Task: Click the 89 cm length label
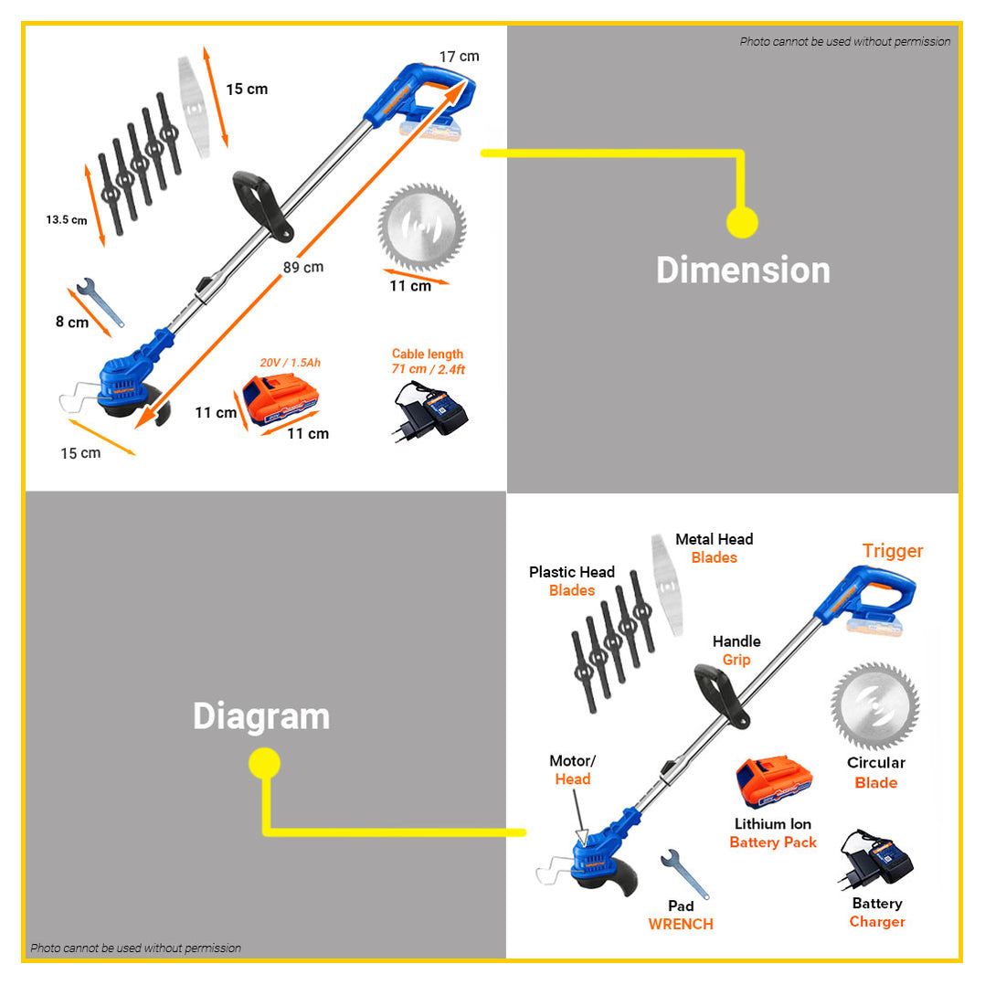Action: (x=302, y=267)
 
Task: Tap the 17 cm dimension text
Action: (x=460, y=57)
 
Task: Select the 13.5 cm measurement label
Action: (x=67, y=220)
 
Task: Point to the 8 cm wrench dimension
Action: (x=72, y=323)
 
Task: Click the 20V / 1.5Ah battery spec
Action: (x=291, y=363)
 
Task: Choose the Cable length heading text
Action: (x=428, y=354)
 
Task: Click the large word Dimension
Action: (x=743, y=270)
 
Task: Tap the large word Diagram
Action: (x=261, y=716)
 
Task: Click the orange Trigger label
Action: (x=893, y=551)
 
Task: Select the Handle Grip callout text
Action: (x=736, y=651)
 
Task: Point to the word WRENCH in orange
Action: (x=681, y=924)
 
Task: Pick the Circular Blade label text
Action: (x=876, y=773)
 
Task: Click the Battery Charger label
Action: (x=877, y=912)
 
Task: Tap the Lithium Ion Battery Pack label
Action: (x=773, y=833)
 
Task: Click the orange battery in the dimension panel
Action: (x=281, y=398)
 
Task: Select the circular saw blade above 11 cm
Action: (x=422, y=228)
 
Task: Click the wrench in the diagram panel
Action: (x=684, y=874)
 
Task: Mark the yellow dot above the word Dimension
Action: (x=742, y=222)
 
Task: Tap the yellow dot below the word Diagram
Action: (x=264, y=763)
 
